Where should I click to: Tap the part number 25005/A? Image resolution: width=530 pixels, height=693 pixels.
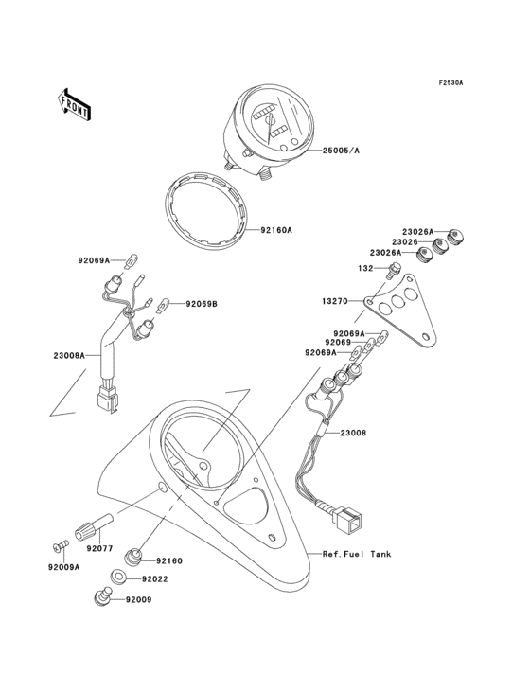point(341,151)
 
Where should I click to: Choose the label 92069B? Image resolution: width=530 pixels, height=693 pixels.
point(201,304)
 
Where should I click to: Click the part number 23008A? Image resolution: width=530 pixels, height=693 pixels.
point(69,356)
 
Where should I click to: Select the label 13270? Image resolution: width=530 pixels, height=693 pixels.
point(336,301)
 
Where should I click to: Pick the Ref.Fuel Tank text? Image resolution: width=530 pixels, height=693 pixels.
point(356,554)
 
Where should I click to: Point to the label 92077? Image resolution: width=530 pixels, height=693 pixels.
point(100,548)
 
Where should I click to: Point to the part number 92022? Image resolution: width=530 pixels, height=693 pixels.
point(155,578)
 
